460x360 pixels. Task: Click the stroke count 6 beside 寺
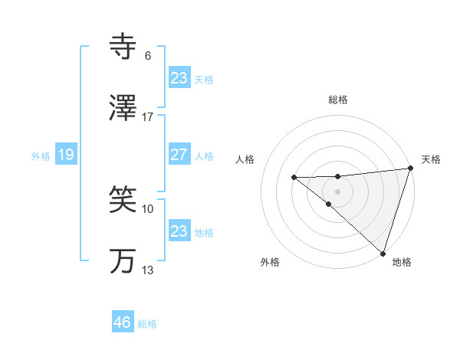tap(148, 56)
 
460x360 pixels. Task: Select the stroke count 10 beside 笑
tap(148, 208)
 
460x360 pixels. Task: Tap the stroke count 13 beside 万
tap(148, 270)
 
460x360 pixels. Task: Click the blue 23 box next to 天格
tap(179, 78)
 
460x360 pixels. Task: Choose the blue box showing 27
tap(179, 155)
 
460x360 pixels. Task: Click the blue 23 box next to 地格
tap(179, 231)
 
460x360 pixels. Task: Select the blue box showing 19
tap(65, 155)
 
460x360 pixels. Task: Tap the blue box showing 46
tap(123, 322)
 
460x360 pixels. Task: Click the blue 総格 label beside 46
tap(147, 324)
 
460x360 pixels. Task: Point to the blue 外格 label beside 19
tap(41, 156)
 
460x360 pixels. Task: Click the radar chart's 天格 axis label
tap(431, 159)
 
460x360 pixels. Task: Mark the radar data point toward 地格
tap(383, 253)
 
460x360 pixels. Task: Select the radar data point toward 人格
tap(294, 178)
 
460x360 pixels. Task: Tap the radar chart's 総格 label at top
tap(338, 100)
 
